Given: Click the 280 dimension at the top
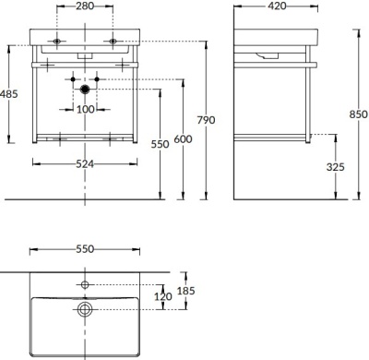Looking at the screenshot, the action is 85,6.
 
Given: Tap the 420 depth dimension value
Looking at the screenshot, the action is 277,6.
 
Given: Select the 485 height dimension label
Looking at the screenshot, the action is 9,94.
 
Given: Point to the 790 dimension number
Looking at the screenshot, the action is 206,120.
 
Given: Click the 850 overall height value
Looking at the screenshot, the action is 359,114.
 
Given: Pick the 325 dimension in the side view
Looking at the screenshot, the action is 336,167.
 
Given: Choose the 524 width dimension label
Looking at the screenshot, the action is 85,164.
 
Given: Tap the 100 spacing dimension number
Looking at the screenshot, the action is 85,109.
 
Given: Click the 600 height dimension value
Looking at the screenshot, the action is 183,139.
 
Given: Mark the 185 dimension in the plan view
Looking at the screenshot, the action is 186,291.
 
